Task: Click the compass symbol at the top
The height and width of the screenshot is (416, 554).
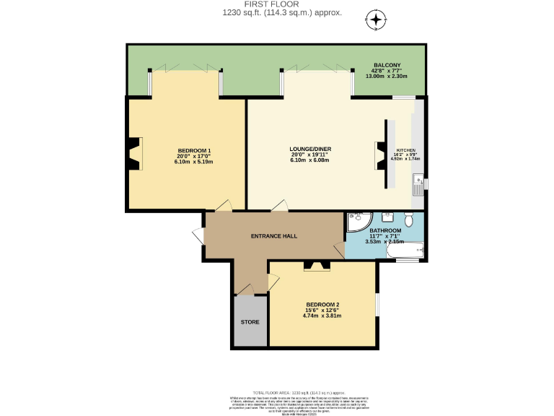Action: click(376, 19)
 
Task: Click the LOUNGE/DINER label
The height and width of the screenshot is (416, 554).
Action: click(309, 149)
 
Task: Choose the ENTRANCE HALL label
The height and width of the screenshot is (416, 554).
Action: click(273, 236)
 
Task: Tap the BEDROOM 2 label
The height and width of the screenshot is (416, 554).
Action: click(322, 304)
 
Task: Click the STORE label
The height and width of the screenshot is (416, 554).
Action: click(249, 321)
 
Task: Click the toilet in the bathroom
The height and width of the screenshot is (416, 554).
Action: click(408, 220)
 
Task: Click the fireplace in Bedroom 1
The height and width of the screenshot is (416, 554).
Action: click(133, 153)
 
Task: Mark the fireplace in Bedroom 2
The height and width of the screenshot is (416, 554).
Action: click(312, 266)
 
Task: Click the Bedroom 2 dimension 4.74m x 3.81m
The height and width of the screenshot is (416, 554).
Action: click(322, 316)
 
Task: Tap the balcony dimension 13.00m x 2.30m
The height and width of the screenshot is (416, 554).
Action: click(387, 76)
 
